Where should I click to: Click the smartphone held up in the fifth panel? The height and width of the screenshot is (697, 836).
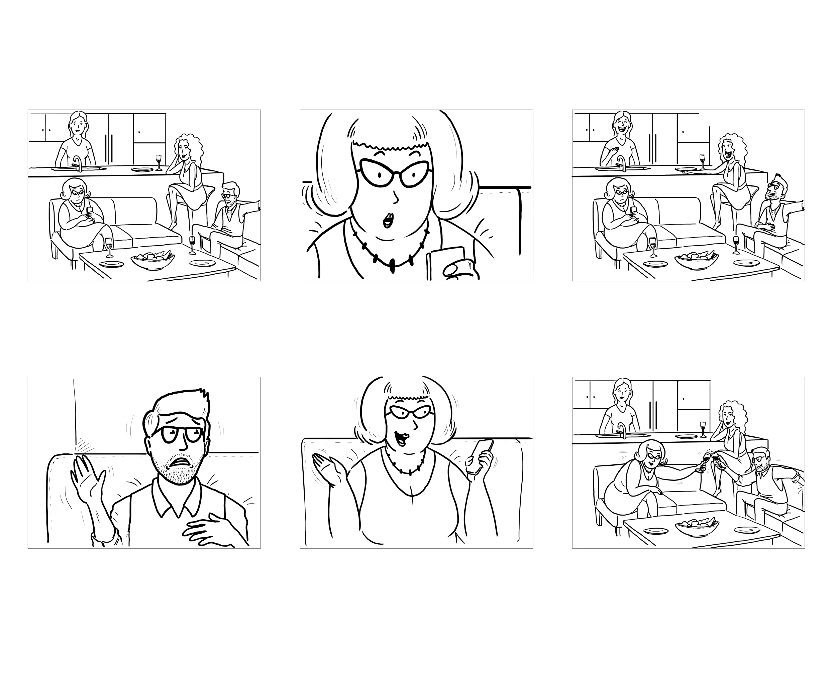pos(481,456)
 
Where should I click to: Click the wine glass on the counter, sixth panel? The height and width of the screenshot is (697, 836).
pos(703,428)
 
